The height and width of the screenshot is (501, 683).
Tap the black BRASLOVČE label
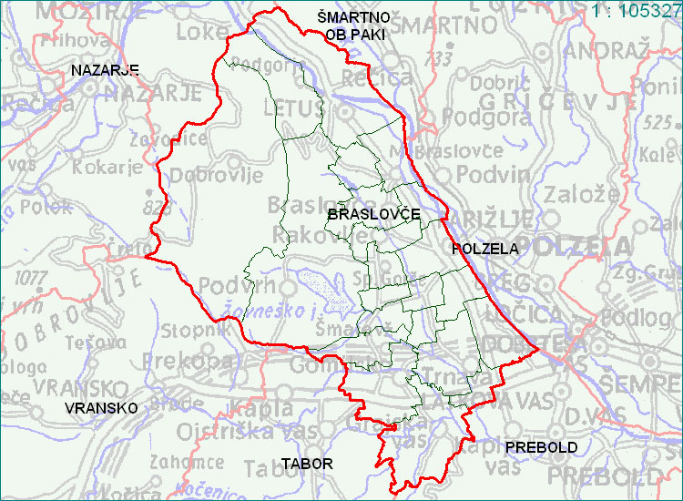pos(372,213)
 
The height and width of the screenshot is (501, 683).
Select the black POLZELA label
pos(484,248)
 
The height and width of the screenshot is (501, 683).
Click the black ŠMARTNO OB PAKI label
pos(354,26)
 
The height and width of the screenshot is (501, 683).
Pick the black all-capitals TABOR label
pos(307,464)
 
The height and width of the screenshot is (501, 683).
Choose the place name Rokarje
pos(108,167)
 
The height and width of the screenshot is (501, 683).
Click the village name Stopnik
pos(190,329)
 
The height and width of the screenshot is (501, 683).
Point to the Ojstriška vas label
pos(236,430)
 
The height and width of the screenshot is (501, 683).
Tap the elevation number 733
pos(443,59)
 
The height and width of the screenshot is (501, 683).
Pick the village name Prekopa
pos(196,360)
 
